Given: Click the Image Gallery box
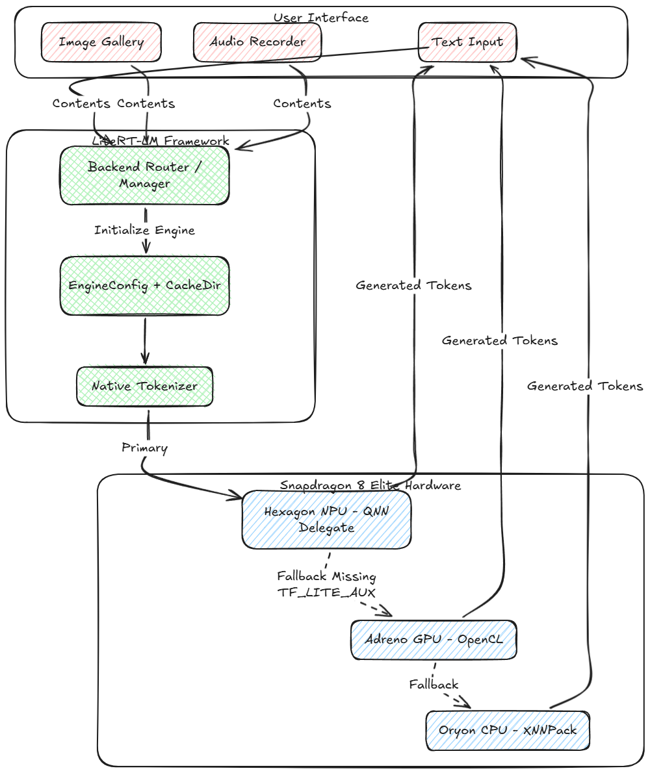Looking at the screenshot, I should click(101, 42).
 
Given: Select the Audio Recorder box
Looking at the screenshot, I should click(257, 42).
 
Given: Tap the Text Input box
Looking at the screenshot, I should click(467, 42).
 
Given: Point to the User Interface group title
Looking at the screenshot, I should click(320, 18).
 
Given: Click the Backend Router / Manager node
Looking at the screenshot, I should click(144, 175).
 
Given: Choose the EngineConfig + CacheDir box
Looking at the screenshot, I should click(144, 286).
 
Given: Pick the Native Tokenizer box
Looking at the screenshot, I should click(144, 386).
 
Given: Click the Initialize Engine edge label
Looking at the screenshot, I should click(144, 230).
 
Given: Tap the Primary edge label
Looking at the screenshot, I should click(144, 448).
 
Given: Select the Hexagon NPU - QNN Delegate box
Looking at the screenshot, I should click(326, 520).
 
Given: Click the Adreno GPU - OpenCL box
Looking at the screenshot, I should click(434, 639).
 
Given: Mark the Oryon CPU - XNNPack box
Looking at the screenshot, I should click(507, 730).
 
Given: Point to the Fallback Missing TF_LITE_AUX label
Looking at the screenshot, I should click(326, 584).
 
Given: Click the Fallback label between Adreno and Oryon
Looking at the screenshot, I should click(434, 684).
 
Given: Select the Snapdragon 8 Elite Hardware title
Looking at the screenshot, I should click(370, 485).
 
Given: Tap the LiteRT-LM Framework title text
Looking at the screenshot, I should click(161, 141).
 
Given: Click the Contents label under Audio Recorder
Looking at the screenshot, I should click(302, 103).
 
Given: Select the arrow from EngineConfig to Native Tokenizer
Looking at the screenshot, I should click(144, 341).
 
